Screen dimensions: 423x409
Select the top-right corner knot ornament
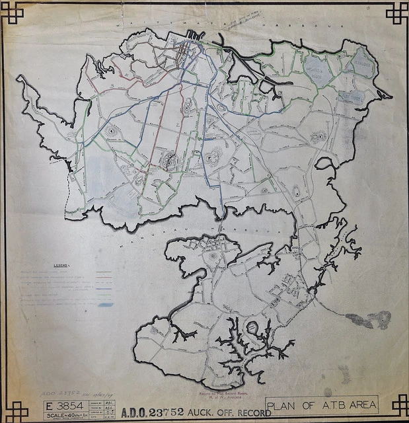(397, 12)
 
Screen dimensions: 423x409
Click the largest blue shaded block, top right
(318, 67)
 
